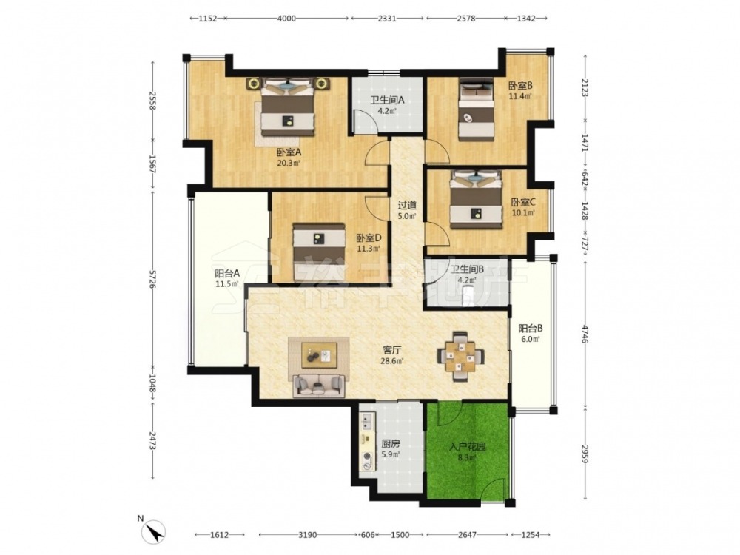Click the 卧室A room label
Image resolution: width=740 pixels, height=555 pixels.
[289, 152]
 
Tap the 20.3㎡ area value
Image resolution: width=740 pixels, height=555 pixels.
[289, 164]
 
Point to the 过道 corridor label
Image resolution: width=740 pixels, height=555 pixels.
[407, 205]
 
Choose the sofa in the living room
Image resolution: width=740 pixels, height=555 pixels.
[318, 386]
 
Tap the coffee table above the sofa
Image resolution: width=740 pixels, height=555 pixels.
[320, 354]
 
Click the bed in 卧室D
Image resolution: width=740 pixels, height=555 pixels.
[317, 252]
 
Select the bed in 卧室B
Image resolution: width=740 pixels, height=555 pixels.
[477, 109]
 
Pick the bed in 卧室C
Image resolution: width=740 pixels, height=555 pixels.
[476, 200]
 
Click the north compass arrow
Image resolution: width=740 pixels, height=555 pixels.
[155, 533]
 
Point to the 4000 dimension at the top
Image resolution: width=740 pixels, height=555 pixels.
[286, 18]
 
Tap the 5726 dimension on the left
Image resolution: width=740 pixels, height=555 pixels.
[152, 279]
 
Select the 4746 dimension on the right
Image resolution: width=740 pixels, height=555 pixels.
[585, 334]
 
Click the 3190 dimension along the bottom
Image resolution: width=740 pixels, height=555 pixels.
[308, 535]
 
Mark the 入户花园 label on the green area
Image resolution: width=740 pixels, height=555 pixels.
[468, 446]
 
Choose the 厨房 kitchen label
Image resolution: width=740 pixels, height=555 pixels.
[391, 443]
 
